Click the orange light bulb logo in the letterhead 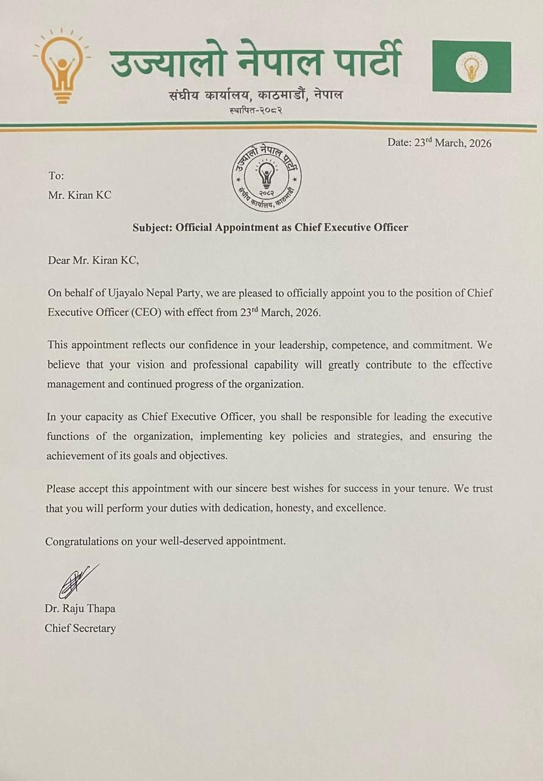[x=62, y=66]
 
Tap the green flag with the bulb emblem [x=472, y=67]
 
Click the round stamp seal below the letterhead [x=266, y=177]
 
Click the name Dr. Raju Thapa [x=80, y=608]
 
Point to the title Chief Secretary [x=80, y=628]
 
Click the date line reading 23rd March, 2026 [x=439, y=143]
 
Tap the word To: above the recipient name [x=56, y=176]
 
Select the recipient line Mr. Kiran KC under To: [x=79, y=195]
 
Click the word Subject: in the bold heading [x=153, y=228]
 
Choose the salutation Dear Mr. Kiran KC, [x=93, y=261]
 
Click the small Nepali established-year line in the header [x=255, y=110]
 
